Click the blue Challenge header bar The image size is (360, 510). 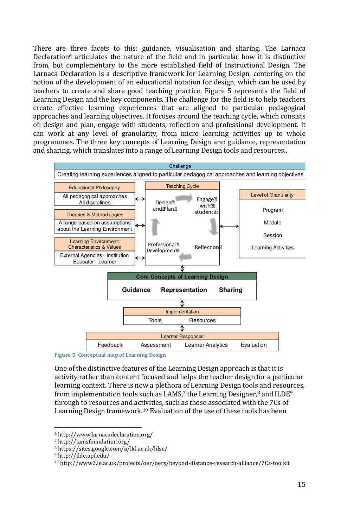[x=180, y=166]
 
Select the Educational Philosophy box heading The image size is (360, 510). [x=94, y=187]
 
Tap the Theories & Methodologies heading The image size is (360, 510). [x=95, y=215]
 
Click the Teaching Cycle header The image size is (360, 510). [x=182, y=186]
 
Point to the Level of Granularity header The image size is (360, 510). [x=272, y=195]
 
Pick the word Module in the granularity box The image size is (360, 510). [x=272, y=223]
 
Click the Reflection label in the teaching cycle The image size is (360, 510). [x=208, y=247]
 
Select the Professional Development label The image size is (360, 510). [x=163, y=247]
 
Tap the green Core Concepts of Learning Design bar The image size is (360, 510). [x=182, y=276]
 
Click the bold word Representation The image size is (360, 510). [x=184, y=290]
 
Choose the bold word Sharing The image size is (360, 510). [x=231, y=290]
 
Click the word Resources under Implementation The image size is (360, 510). [x=202, y=320]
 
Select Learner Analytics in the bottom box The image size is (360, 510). [x=206, y=345]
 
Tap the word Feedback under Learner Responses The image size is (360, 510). [x=110, y=345]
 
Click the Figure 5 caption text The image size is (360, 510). [x=110, y=355]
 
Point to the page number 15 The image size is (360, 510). [x=301, y=484]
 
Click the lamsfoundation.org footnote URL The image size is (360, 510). [x=94, y=442]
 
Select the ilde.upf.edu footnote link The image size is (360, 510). [x=83, y=456]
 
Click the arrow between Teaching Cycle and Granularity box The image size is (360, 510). [x=229, y=226]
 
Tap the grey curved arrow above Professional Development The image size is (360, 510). [x=155, y=227]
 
